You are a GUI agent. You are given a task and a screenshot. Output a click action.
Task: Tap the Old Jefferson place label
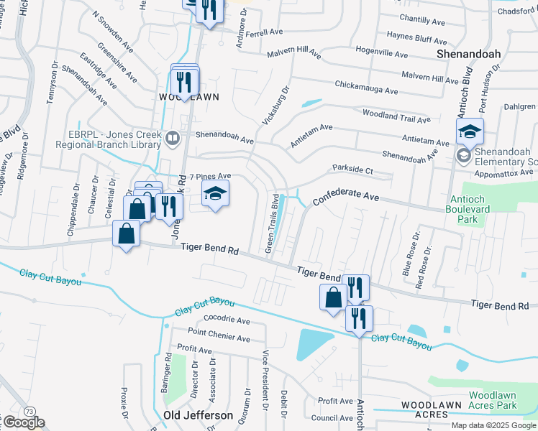click(198, 415)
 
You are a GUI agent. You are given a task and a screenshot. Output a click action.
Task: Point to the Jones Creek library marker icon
click(173, 137)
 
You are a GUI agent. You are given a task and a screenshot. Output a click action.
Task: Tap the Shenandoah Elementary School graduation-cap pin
click(469, 131)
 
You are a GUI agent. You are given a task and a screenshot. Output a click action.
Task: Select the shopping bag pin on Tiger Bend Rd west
click(127, 233)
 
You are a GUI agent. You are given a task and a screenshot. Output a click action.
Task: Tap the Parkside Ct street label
click(352, 170)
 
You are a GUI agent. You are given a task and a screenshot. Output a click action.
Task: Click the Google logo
click(23, 422)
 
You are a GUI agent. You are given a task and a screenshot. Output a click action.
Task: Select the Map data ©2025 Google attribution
click(494, 425)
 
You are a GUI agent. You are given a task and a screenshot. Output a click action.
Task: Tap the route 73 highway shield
click(28, 410)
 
